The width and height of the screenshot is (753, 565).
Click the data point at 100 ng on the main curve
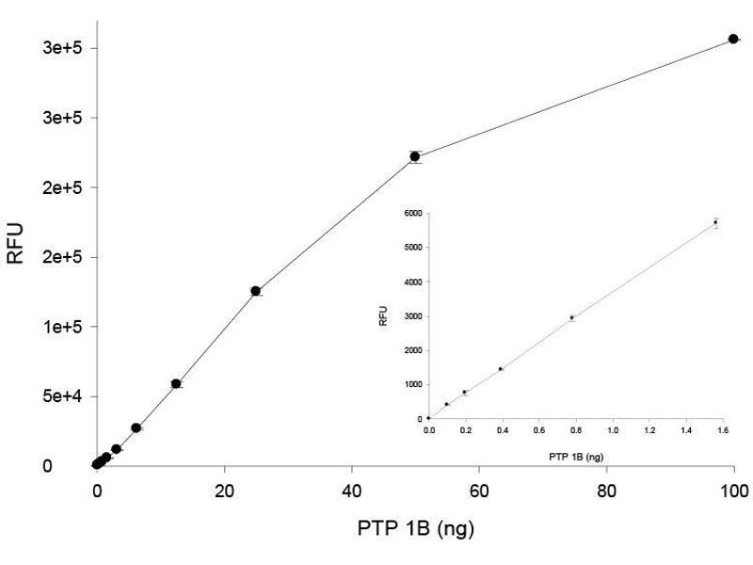733,39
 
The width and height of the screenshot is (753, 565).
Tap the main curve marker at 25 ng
255,291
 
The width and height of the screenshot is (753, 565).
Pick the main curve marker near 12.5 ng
176,383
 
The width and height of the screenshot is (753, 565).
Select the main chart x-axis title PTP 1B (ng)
414,527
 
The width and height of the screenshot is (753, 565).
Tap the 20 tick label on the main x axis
224,490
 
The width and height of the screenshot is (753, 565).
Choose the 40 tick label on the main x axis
351,490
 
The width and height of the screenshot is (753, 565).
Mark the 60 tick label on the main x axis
478,490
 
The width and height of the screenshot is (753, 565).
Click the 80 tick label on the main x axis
606,490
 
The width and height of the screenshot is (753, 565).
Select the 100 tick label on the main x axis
733,490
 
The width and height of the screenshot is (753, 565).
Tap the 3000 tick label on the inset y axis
410,315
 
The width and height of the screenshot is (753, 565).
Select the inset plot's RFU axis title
383,317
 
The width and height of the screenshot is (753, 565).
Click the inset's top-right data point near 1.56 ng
715,222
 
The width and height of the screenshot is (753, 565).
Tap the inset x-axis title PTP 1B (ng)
576,457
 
